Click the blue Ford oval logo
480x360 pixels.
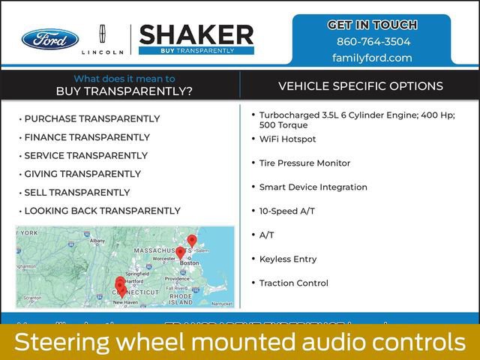tap(49, 39)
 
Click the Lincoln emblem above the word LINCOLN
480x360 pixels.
tap(102, 35)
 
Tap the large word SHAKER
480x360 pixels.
tap(196, 34)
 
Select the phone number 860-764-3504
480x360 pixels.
tap(372, 42)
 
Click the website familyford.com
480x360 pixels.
tap(372, 58)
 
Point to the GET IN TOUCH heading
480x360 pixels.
tap(372, 25)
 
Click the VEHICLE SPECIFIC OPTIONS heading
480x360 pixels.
tap(361, 86)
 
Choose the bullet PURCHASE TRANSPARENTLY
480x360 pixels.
tap(91, 118)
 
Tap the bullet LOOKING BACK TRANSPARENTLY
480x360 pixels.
tap(102, 211)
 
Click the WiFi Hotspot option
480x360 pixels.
tap(287, 139)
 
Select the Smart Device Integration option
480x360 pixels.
tap(313, 187)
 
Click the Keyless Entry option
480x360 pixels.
tap(288, 259)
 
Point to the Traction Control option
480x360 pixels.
tap(293, 283)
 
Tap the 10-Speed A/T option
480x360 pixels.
tap(286, 211)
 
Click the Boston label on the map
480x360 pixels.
tap(190, 263)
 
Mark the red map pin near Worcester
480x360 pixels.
tap(180, 253)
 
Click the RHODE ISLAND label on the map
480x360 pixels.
tap(181, 299)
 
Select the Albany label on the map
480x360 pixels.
tap(97, 241)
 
